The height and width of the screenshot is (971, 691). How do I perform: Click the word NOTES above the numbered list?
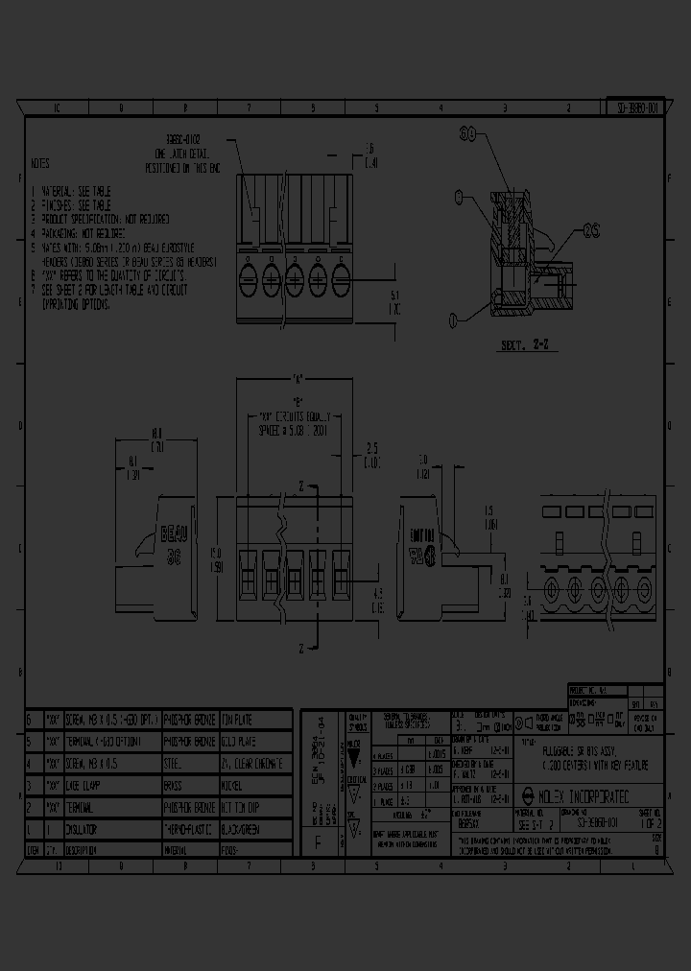point(40,164)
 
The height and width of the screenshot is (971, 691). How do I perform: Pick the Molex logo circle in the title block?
point(527,794)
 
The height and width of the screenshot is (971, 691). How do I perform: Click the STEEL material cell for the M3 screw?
point(188,763)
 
